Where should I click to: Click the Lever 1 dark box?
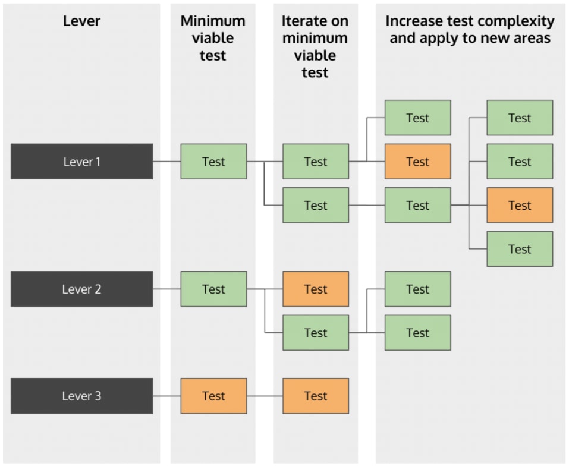pyautogui.click(x=81, y=162)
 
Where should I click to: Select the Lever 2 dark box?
pyautogui.click(x=81, y=289)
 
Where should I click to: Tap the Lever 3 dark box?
pyautogui.click(x=81, y=396)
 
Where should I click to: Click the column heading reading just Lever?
pyautogui.click(x=81, y=21)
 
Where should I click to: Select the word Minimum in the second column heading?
pyautogui.click(x=213, y=21)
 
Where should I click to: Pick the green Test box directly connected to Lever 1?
pyautogui.click(x=213, y=162)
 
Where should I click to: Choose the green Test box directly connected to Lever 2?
pyautogui.click(x=213, y=289)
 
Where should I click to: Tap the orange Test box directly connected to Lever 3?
pyautogui.click(x=213, y=396)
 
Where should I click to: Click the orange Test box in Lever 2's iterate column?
pyautogui.click(x=315, y=289)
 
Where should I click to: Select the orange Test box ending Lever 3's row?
pyautogui.click(x=315, y=396)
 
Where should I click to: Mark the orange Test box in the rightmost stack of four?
pyautogui.click(x=519, y=206)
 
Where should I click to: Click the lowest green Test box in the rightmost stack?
pyautogui.click(x=519, y=249)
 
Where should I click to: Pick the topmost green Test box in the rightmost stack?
pyautogui.click(x=519, y=118)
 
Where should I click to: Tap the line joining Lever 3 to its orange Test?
pyautogui.click(x=166, y=396)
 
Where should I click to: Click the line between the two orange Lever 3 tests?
pyautogui.click(x=265, y=396)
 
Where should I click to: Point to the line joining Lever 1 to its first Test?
pyautogui.click(x=166, y=162)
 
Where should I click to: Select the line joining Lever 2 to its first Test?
pyautogui.click(x=166, y=289)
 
